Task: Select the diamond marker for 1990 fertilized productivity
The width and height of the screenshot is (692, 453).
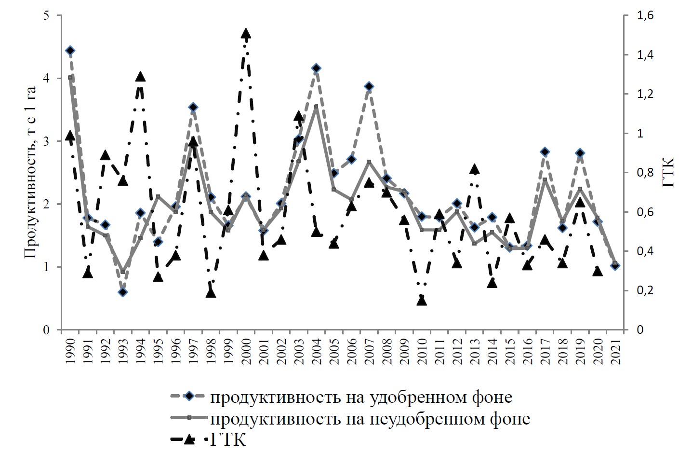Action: [x=70, y=51]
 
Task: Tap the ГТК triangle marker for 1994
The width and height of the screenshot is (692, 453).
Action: [x=140, y=77]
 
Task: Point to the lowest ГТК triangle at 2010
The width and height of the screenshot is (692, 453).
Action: [x=422, y=300]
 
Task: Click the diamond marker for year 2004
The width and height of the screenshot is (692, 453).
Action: [x=316, y=68]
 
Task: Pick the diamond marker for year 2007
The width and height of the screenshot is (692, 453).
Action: [x=369, y=86]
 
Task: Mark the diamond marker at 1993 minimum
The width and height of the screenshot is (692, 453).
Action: [x=123, y=292]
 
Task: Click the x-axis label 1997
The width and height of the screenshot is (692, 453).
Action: [x=193, y=354]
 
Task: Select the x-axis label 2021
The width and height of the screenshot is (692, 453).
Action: [x=615, y=354]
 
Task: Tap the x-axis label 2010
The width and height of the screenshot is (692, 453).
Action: [x=422, y=354]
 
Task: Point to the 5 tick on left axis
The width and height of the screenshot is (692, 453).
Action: [x=46, y=15]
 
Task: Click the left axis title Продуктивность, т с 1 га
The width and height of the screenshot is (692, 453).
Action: [x=30, y=173]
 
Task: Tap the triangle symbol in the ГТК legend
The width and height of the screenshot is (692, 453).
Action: [x=189, y=439]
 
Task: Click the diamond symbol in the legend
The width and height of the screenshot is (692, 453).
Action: [x=189, y=397]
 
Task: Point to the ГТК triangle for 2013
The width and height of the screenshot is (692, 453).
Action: [x=474, y=169]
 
